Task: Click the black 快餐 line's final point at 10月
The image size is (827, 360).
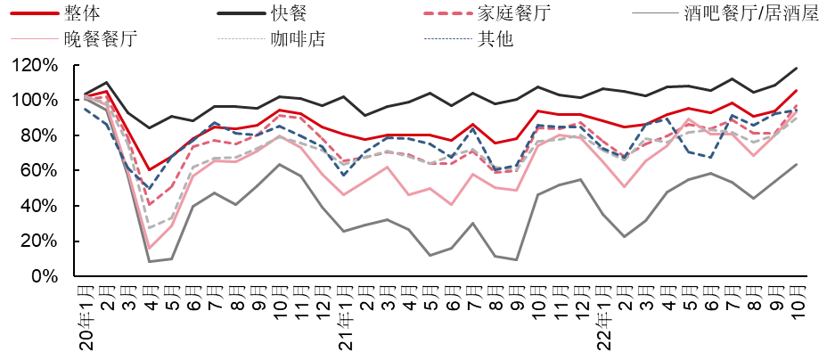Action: (x=796, y=69)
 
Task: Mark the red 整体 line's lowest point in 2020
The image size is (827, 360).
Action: (x=150, y=170)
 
